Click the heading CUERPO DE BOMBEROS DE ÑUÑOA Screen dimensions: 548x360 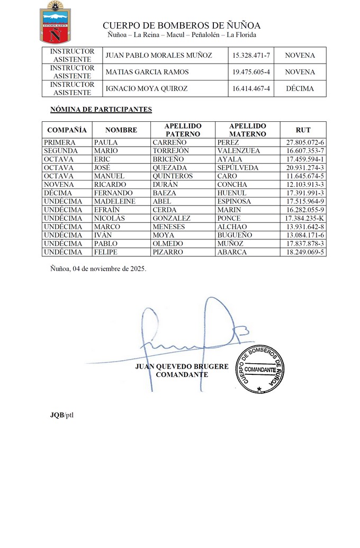(182, 25)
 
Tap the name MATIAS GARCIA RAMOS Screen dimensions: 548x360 (143, 72)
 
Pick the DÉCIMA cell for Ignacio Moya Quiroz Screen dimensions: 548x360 (300, 88)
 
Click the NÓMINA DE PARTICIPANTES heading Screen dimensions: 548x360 (101, 110)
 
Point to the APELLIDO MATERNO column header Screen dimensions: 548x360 (247, 130)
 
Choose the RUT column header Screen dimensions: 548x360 (303, 130)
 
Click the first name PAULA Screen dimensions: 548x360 (106, 142)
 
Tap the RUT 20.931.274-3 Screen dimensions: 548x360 (305, 168)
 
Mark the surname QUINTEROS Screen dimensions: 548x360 (173, 176)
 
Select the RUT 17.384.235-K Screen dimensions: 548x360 (304, 219)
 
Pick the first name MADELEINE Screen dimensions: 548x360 (114, 202)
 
